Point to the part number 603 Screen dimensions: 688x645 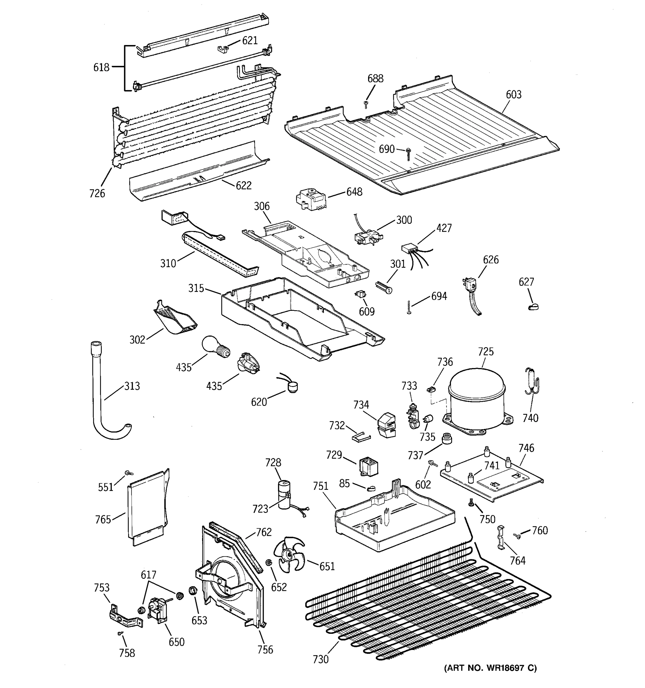pos(513,95)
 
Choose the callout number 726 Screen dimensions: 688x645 pos(97,193)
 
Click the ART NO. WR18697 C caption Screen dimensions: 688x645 pos(490,678)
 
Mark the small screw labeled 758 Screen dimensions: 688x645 pos(120,633)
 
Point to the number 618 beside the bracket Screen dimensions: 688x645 pos(101,67)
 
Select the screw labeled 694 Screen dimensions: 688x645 pos(409,307)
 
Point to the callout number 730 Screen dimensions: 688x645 pos(320,659)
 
